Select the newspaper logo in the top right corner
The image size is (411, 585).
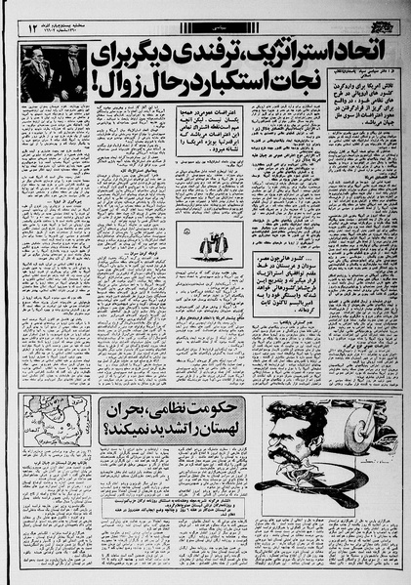pyautogui.click(x=389, y=18)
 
